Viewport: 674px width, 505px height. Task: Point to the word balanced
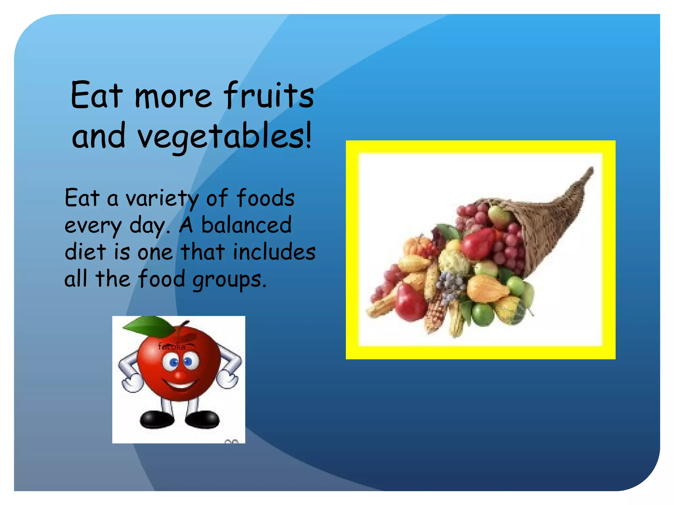coord(246,225)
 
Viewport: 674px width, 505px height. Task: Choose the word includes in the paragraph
coord(274,252)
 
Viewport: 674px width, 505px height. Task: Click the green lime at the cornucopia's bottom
coord(483,315)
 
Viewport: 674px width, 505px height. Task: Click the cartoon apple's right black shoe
coord(202,420)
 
